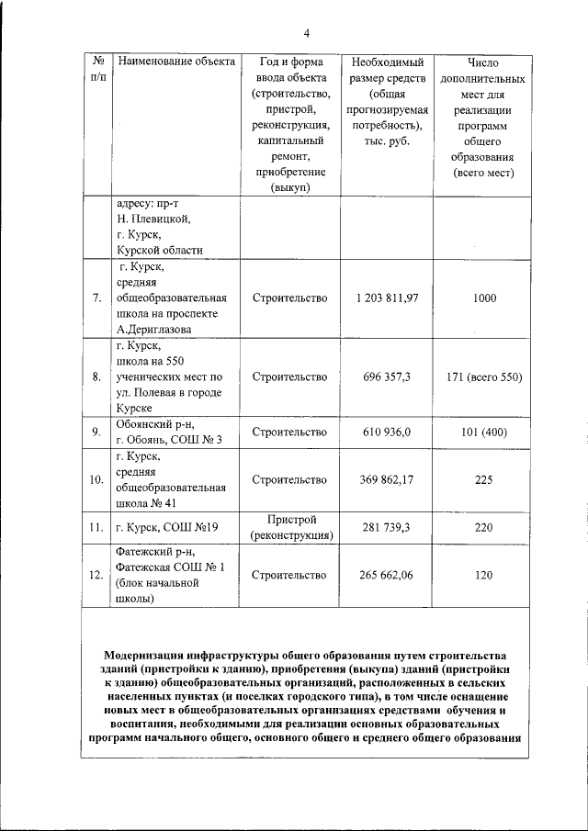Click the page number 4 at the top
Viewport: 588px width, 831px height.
click(306, 34)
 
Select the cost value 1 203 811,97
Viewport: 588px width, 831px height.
click(387, 298)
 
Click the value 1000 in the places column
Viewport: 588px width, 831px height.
click(484, 298)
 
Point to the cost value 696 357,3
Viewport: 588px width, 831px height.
click(387, 377)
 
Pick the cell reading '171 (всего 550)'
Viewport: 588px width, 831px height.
click(484, 377)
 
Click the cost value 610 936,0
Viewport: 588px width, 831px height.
click(387, 431)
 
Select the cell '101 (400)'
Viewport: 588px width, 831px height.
click(484, 431)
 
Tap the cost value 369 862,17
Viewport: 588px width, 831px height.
click(387, 480)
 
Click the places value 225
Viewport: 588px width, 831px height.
click(484, 480)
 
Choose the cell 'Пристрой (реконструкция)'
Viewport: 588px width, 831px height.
click(289, 527)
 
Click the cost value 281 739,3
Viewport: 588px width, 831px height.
click(387, 528)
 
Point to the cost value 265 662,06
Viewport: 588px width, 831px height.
click(387, 576)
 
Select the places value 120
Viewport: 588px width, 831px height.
click(484, 576)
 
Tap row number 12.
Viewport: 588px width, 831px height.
click(96, 576)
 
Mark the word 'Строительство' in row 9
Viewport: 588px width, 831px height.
click(289, 431)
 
